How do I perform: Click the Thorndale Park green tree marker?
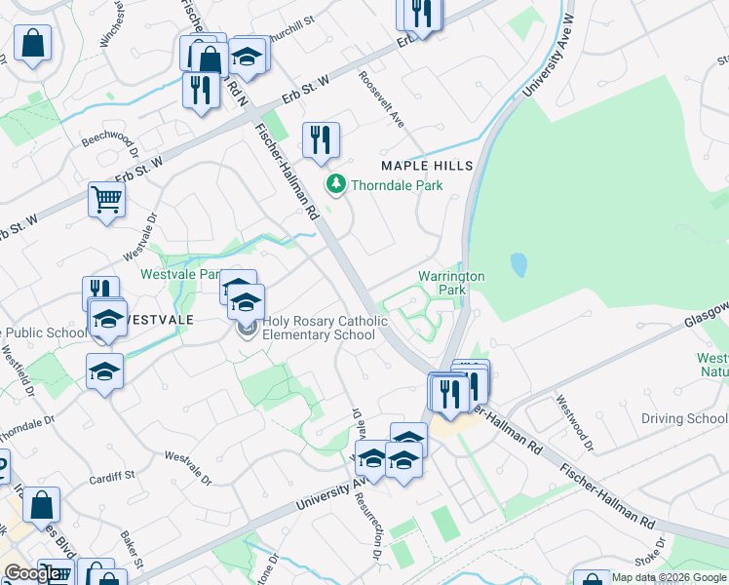(x=336, y=183)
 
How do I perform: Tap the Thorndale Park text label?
(x=397, y=185)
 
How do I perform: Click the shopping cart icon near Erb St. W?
(x=107, y=200)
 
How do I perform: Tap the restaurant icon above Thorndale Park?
(x=320, y=140)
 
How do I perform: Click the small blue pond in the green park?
(x=518, y=264)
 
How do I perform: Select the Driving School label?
(x=684, y=419)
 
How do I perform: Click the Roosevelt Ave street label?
(x=381, y=98)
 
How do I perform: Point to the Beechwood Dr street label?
(x=110, y=148)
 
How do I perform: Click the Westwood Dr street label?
(x=575, y=422)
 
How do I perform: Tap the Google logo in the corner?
(x=32, y=573)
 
